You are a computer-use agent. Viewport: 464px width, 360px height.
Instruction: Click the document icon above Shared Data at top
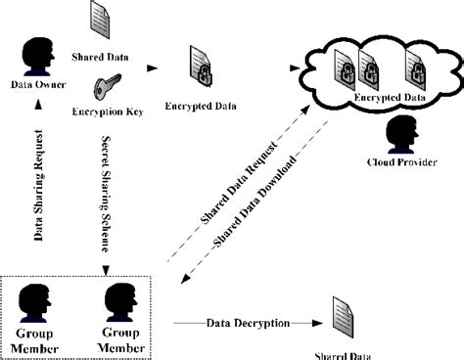tap(100, 18)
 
